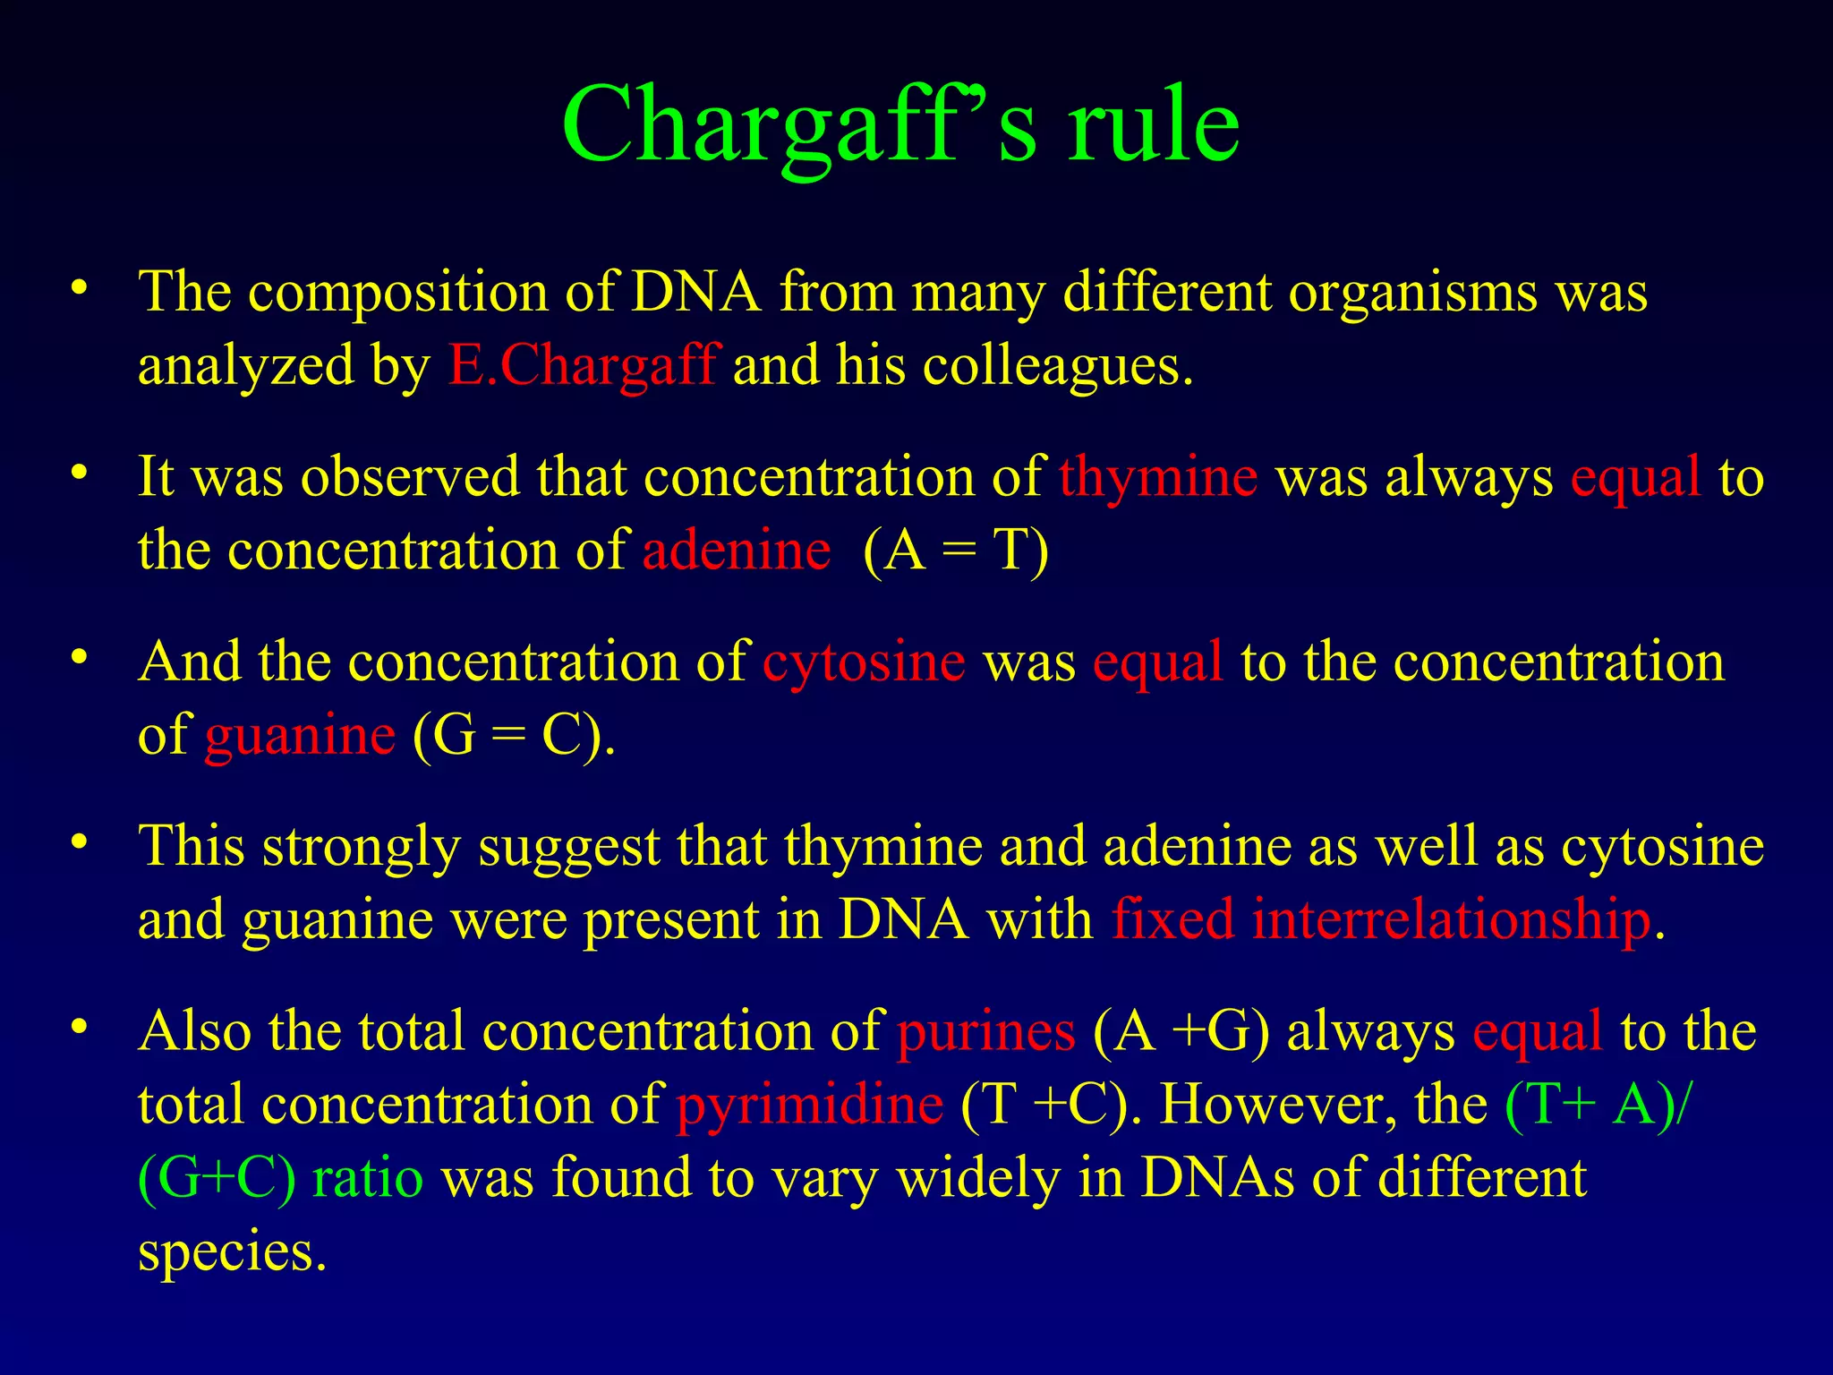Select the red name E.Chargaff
pos(581,365)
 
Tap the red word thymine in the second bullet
pos(1158,476)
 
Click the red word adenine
pos(736,550)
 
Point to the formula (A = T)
pos(956,550)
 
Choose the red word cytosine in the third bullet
pos(864,662)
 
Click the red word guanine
pos(300,736)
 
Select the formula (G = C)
pos(514,736)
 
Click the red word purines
pos(985,1031)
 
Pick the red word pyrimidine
pos(809,1105)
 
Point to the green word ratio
pos(367,1178)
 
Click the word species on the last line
pos(232,1251)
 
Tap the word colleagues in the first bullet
pos(1056,365)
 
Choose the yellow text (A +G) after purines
pos(1181,1031)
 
